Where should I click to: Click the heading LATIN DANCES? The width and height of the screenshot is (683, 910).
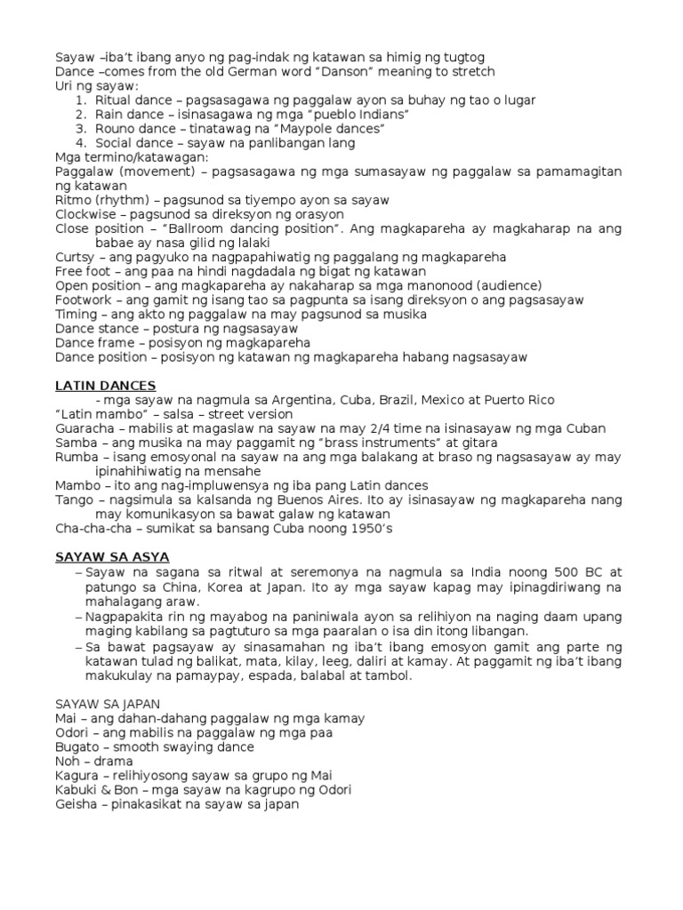(105, 386)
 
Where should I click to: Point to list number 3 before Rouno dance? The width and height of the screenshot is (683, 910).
(80, 129)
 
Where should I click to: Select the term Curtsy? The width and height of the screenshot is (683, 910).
(75, 257)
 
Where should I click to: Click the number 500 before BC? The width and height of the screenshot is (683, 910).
(572, 571)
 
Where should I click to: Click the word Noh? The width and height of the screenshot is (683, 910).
(68, 762)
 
